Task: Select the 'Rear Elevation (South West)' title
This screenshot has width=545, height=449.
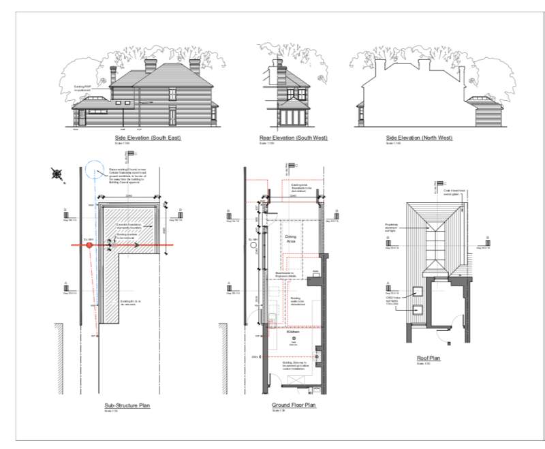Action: (293, 138)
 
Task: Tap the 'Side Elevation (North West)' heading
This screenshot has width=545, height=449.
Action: (419, 138)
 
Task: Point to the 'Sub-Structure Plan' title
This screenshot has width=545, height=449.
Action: (127, 405)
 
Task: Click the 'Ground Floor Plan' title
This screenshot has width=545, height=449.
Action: (293, 405)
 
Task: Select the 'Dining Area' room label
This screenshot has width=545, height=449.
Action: (291, 239)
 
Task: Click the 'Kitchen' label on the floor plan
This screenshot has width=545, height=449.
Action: (293, 332)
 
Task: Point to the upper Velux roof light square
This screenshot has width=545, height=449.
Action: (419, 294)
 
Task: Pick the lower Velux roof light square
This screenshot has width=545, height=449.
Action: (419, 311)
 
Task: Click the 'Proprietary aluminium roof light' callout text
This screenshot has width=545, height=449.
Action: (391, 226)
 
